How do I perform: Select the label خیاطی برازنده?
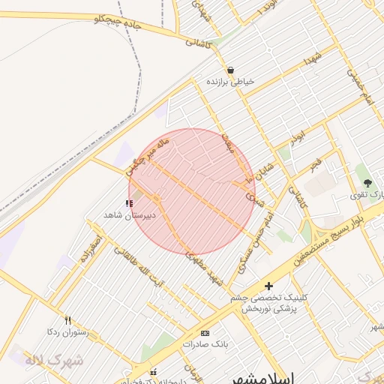(x=231, y=81)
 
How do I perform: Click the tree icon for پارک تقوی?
(x=367, y=183)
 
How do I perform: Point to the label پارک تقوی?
(x=367, y=195)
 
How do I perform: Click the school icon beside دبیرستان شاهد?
(x=129, y=203)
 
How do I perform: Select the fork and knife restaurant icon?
(x=68, y=319)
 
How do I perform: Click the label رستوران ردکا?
(x=68, y=331)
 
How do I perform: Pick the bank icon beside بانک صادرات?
(x=205, y=332)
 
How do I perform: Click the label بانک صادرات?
(x=205, y=343)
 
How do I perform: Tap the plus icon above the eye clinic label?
(x=269, y=286)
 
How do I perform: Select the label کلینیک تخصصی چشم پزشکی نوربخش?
(x=269, y=304)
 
